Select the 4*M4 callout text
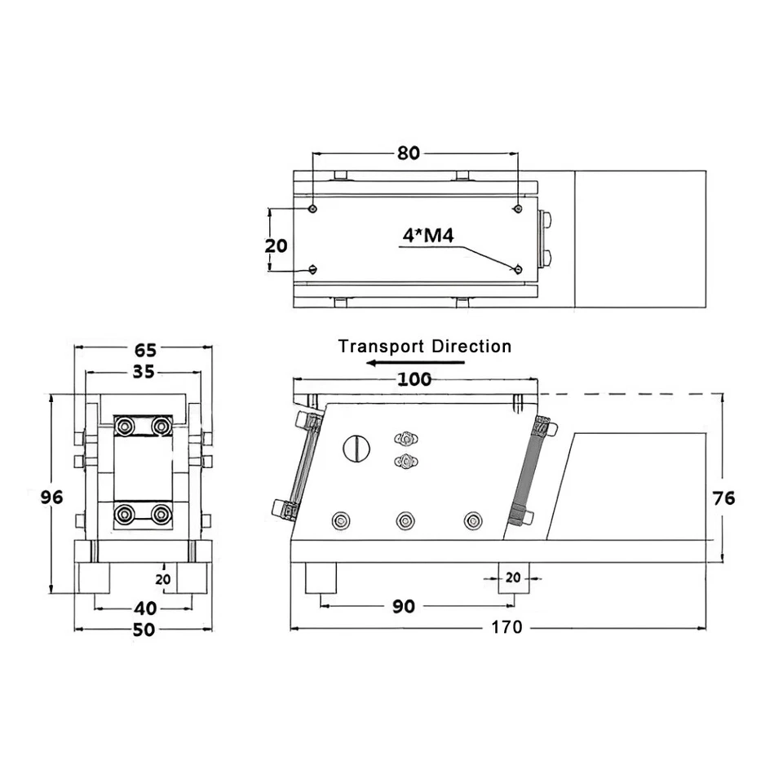427,236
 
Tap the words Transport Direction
425,346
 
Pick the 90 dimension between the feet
404,606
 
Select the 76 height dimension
723,498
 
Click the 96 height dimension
52,498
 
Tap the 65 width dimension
145,351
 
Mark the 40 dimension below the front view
145,608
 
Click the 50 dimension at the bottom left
145,629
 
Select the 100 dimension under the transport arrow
415,379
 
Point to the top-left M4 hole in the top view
313,209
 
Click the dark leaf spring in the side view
529,471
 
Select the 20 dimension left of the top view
277,246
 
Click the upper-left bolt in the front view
126,426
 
